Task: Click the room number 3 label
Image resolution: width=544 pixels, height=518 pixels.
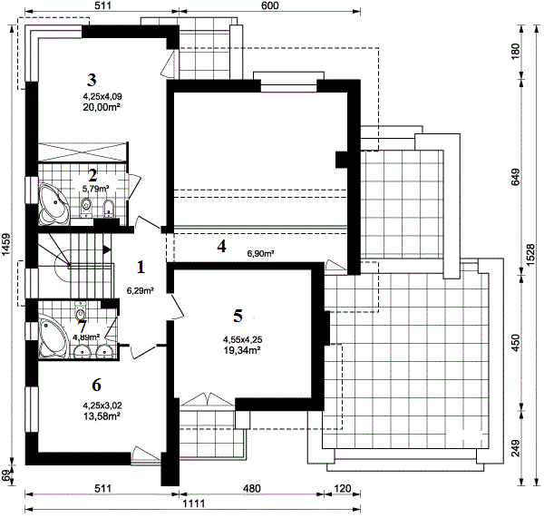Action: click(92, 80)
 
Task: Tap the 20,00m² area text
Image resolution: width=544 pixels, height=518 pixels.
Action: click(102, 107)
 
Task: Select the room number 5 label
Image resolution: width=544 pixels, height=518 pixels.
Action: click(238, 316)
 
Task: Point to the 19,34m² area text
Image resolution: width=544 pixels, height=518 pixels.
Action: click(242, 350)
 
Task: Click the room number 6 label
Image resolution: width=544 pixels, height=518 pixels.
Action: click(96, 385)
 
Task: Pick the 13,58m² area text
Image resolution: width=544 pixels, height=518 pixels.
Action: click(102, 415)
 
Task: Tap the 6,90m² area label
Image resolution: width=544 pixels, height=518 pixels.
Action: click(260, 254)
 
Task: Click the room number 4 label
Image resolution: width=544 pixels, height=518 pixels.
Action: click(221, 246)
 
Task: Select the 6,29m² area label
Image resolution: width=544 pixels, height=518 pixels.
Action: click(141, 291)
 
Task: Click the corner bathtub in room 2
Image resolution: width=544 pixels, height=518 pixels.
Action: click(53, 203)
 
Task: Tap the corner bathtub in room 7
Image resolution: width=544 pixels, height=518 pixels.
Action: click(52, 336)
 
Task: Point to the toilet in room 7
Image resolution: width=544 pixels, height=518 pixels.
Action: click(80, 310)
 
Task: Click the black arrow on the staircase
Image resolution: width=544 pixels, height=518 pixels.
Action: click(106, 249)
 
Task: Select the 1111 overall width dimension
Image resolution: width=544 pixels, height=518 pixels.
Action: click(194, 503)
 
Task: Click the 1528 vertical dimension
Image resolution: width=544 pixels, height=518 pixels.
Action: click(530, 255)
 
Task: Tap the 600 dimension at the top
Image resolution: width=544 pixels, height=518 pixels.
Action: click(269, 5)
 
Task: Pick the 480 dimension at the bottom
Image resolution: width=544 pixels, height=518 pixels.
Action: click(251, 488)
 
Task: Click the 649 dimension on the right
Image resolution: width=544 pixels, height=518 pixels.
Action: click(516, 177)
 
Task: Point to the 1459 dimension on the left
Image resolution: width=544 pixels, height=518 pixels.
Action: click(7, 245)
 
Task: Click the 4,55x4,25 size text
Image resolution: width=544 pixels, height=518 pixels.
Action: click(242, 339)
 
